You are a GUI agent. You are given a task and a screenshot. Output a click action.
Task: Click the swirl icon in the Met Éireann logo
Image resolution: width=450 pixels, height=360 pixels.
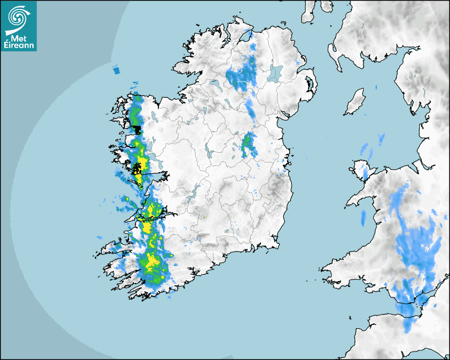[17, 16]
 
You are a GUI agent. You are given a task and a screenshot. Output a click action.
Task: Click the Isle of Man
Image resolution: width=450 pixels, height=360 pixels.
[355, 102]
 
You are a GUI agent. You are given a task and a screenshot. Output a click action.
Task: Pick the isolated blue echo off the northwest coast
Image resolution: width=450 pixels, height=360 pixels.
[116, 70]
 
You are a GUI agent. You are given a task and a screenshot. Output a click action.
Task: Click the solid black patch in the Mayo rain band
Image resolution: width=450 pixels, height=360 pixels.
[137, 129]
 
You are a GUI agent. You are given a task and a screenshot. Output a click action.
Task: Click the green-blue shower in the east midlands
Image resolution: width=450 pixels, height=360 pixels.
[248, 145]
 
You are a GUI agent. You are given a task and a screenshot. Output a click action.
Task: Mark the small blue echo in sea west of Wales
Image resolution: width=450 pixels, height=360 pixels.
[363, 218]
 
